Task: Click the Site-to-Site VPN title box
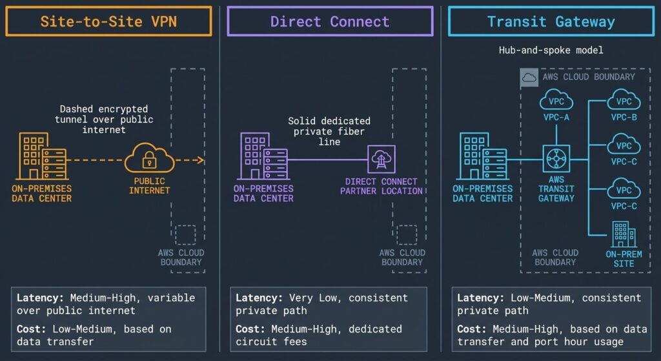coord(108,21)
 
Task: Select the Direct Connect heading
coord(330,21)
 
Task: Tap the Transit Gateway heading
coord(551,21)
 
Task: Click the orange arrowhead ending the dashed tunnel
coord(201,160)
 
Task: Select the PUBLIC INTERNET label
coord(150,186)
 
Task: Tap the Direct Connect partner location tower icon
coord(381,160)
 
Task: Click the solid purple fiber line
coord(326,160)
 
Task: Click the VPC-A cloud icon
coord(556,101)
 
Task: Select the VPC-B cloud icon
coord(624,101)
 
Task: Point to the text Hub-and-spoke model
coord(551,50)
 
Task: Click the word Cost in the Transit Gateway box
coord(471,329)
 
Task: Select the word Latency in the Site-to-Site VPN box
coord(38,298)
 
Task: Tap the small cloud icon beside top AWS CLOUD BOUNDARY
coord(529,77)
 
